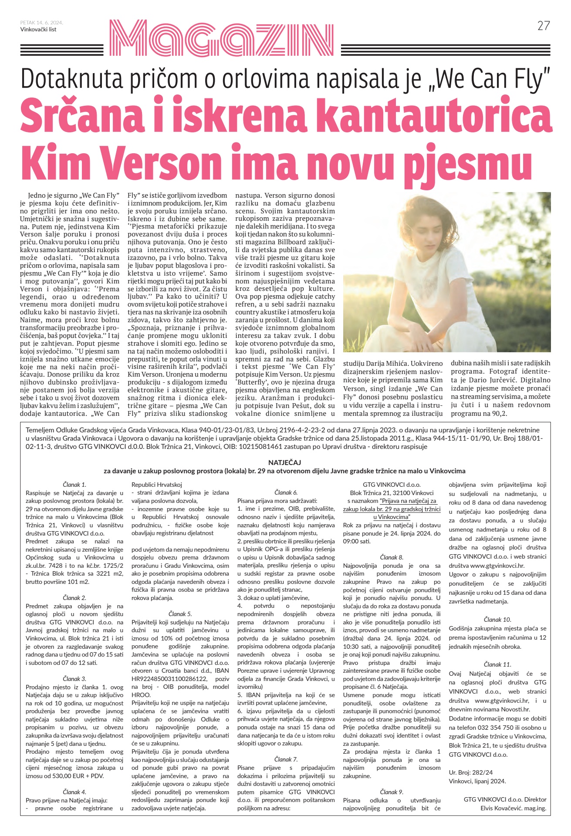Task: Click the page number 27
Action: point(544,26)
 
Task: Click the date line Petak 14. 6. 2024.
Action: point(42,23)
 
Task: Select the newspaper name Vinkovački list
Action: point(38,30)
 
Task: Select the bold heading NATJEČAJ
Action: point(284,462)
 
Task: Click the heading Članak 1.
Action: point(74,484)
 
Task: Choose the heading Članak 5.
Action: point(180,614)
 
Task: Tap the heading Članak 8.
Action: point(392,557)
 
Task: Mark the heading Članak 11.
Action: point(497,664)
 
